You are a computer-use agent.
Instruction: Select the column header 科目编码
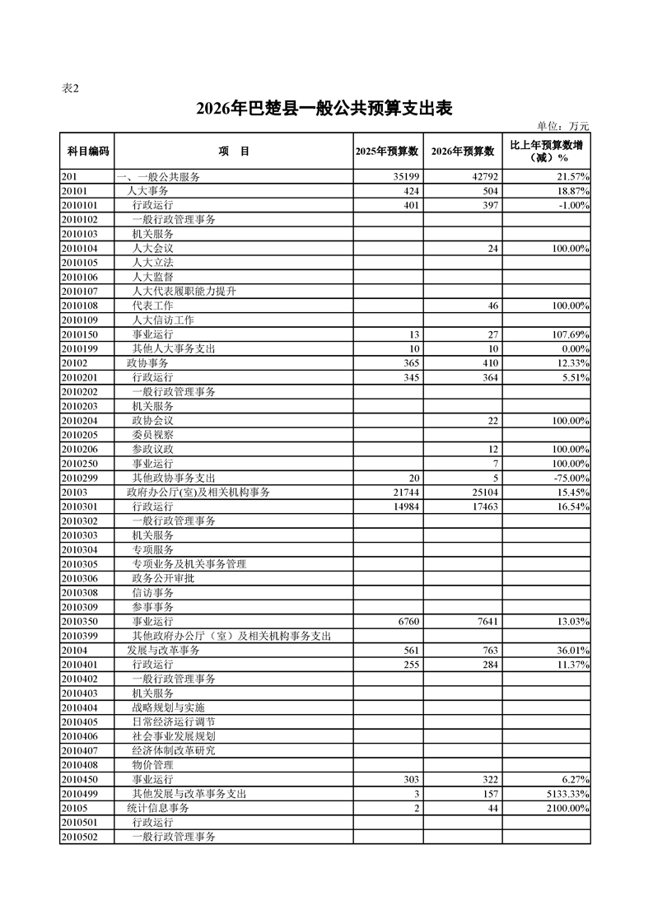(x=87, y=152)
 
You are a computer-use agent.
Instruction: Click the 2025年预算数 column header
(x=388, y=152)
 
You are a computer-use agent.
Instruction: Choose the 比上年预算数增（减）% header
(x=547, y=152)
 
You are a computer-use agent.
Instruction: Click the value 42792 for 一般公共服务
(x=483, y=177)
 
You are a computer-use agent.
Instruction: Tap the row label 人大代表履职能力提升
(x=184, y=291)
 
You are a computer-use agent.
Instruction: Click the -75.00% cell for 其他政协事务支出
(x=567, y=478)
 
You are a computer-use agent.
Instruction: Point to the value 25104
(x=483, y=492)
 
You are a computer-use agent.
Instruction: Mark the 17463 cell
(x=483, y=506)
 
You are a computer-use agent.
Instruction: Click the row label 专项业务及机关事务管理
(x=189, y=564)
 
